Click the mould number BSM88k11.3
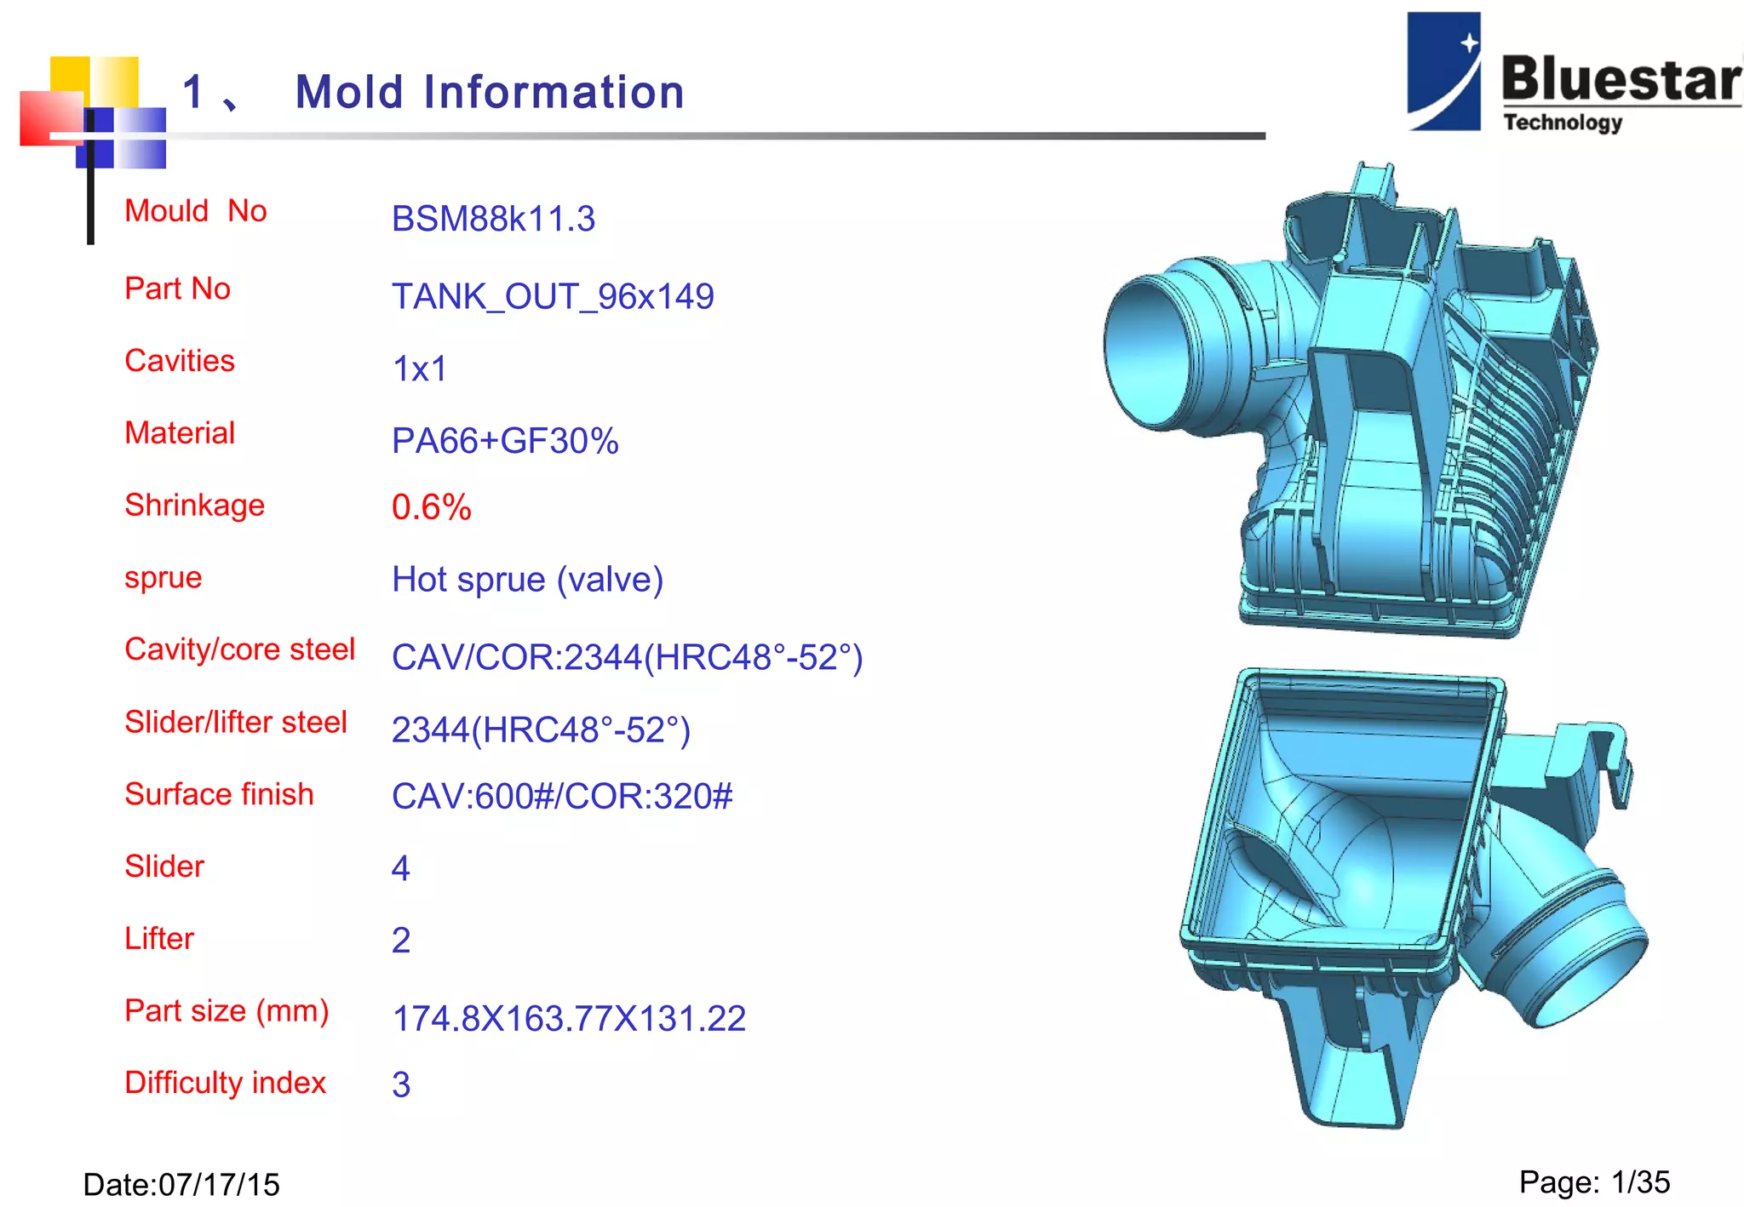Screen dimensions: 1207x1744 coord(493,219)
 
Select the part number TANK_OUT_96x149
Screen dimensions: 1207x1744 coord(553,296)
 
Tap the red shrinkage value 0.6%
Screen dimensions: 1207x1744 coord(431,507)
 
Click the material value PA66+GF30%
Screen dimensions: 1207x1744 coord(505,441)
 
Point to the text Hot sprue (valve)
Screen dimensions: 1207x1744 coord(527,580)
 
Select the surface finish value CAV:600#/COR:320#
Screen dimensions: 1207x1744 coord(562,796)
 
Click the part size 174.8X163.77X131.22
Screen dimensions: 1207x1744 coord(569,1018)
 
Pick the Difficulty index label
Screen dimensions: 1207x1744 coord(225,1083)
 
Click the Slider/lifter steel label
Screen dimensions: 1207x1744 coord(236,722)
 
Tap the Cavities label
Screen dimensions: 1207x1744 coord(180,361)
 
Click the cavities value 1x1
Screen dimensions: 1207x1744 coord(419,369)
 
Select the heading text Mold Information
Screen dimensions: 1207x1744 coord(490,92)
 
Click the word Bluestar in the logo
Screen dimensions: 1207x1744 coord(1621,79)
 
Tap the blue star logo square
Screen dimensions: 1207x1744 coord(1443,72)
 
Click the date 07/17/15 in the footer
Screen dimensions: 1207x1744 coord(219,1184)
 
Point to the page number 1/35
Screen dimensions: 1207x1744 coord(1641,1182)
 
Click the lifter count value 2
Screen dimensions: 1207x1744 coord(401,941)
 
